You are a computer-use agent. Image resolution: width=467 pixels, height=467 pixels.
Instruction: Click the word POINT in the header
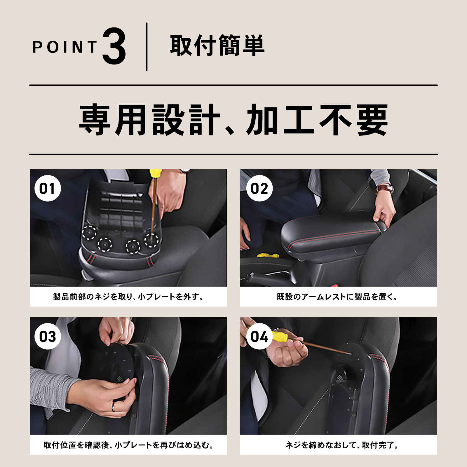pyautogui.click(x=65, y=47)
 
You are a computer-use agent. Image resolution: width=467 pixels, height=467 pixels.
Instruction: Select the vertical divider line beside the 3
pyautogui.click(x=147, y=47)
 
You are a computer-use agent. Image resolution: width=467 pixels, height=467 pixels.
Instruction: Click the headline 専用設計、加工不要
pyautogui.click(x=233, y=120)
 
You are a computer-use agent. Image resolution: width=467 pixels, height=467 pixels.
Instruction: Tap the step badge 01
pyautogui.click(x=48, y=188)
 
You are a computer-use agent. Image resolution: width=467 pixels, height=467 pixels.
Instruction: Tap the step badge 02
pyautogui.click(x=259, y=188)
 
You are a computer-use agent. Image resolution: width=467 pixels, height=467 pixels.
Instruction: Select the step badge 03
pyautogui.click(x=48, y=337)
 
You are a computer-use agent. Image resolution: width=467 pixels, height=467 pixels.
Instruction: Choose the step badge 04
pyautogui.click(x=259, y=337)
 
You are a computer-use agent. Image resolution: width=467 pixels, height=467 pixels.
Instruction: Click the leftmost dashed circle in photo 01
pyautogui.click(x=89, y=233)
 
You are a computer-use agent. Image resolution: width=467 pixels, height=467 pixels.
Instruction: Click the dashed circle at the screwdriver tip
pyautogui.click(x=151, y=240)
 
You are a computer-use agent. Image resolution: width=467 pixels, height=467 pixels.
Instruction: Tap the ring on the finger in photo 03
pyautogui.click(x=113, y=407)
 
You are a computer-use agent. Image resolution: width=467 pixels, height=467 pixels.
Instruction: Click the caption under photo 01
pyautogui.click(x=128, y=297)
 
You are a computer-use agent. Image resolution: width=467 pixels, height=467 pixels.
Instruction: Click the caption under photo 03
pyautogui.click(x=128, y=445)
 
